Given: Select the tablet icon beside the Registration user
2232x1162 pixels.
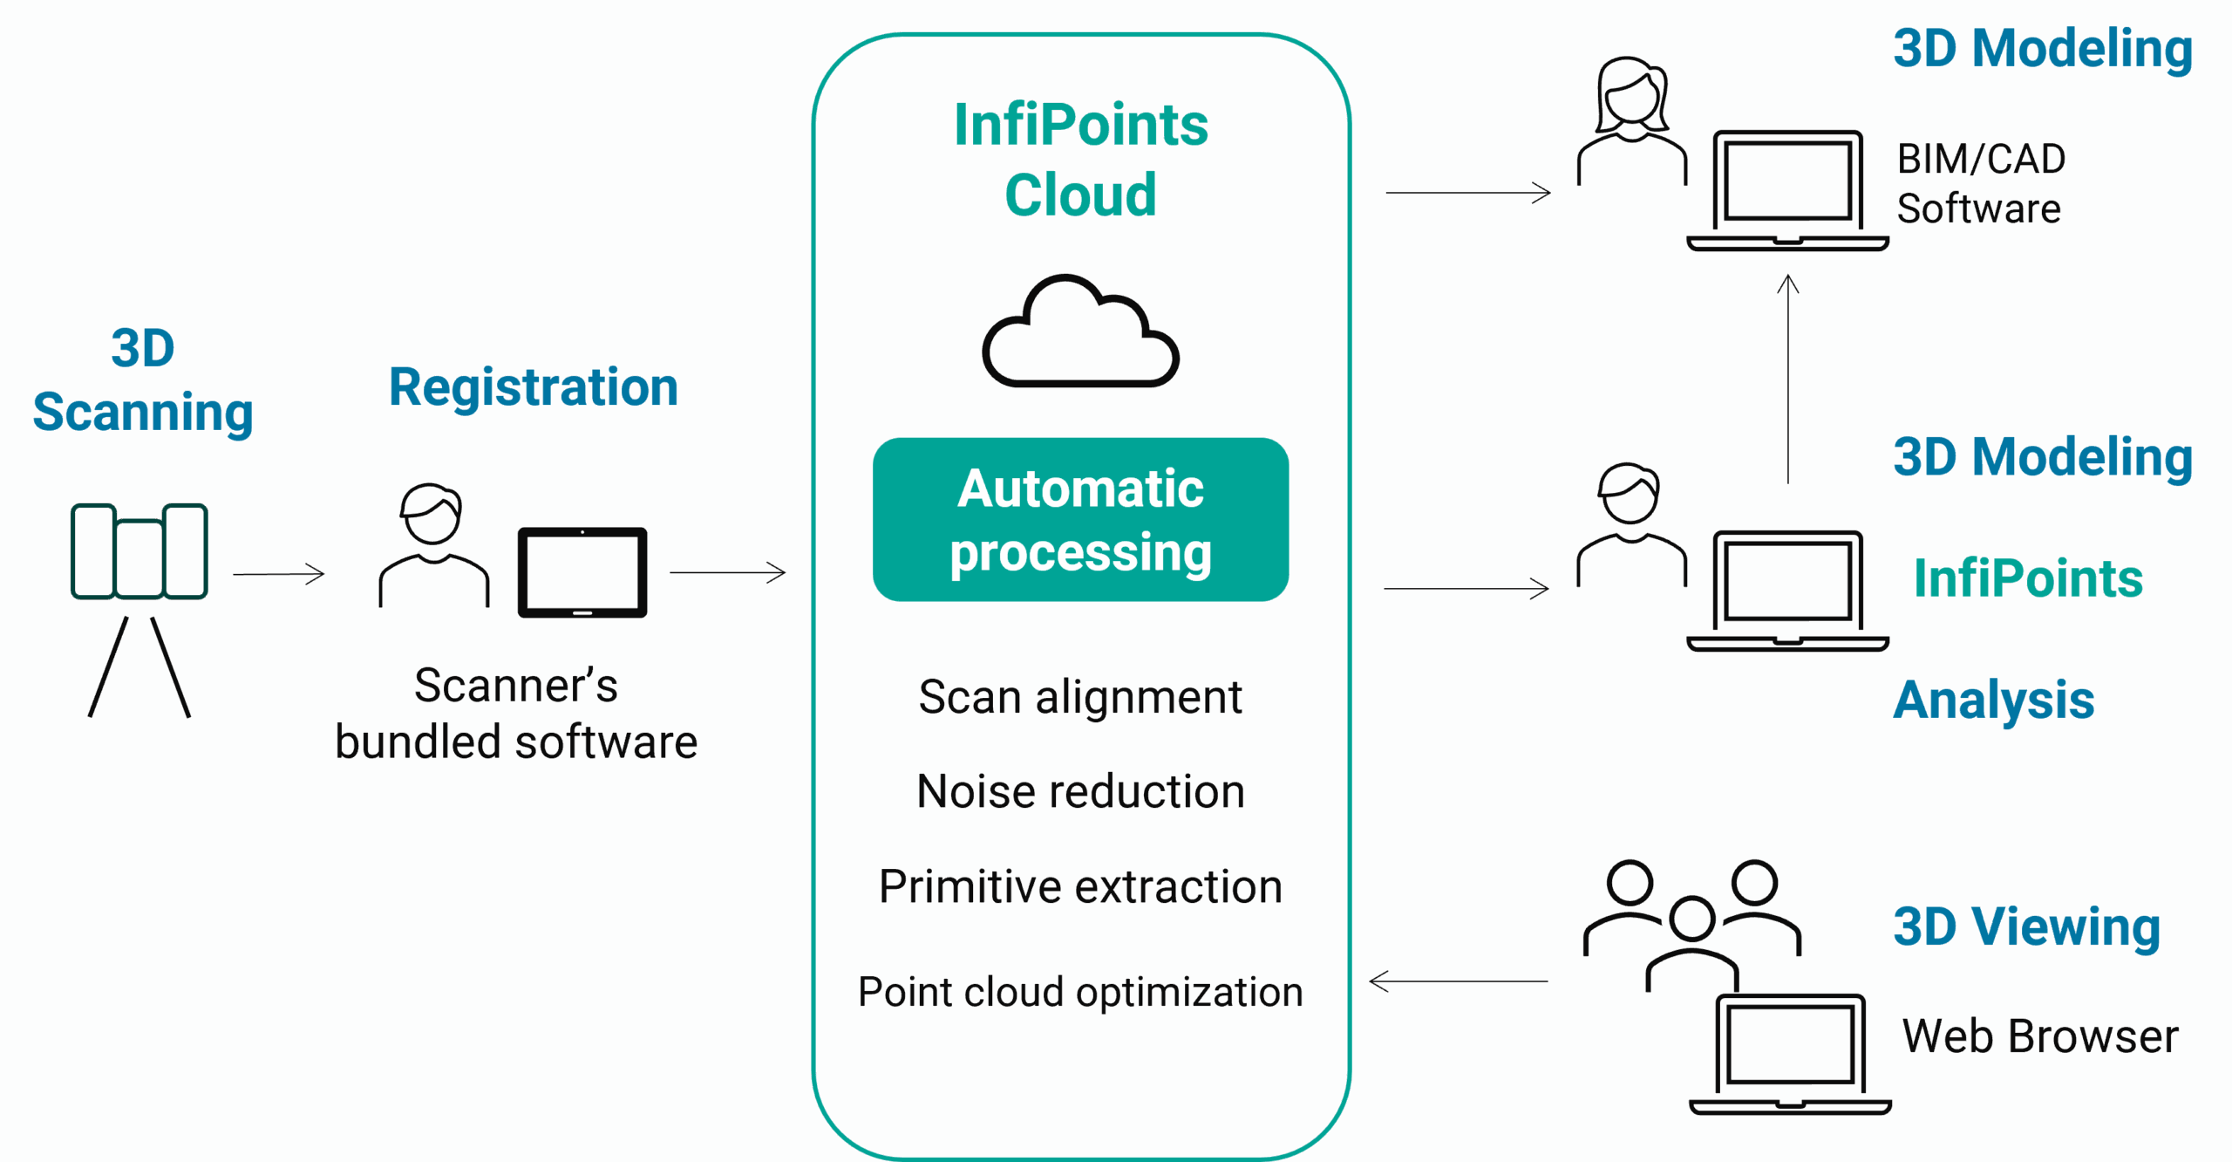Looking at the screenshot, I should tap(582, 572).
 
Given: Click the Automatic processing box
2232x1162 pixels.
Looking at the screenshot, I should tap(1080, 520).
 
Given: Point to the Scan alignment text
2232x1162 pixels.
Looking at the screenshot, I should tap(1080, 698).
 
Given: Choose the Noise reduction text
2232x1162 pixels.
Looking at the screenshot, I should tap(1080, 792).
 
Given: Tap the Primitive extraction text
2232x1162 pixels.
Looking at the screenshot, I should tap(1080, 887).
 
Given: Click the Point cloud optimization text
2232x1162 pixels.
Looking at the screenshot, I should tap(1080, 992).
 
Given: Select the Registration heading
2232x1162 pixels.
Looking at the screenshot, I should tap(534, 387).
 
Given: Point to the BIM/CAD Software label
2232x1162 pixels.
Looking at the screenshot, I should tap(1980, 184).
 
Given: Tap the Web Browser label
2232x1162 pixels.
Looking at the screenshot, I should tap(2040, 1036).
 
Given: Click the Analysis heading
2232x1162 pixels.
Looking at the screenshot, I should tap(1994, 700).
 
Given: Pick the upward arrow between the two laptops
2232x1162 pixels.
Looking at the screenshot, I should tap(1788, 379).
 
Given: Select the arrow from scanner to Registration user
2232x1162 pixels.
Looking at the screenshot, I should tap(279, 574).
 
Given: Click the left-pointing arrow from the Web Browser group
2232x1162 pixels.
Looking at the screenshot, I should tap(1459, 981).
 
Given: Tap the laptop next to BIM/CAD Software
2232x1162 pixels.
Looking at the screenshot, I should tap(1787, 190).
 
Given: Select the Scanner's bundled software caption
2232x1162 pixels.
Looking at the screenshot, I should tap(516, 714).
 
